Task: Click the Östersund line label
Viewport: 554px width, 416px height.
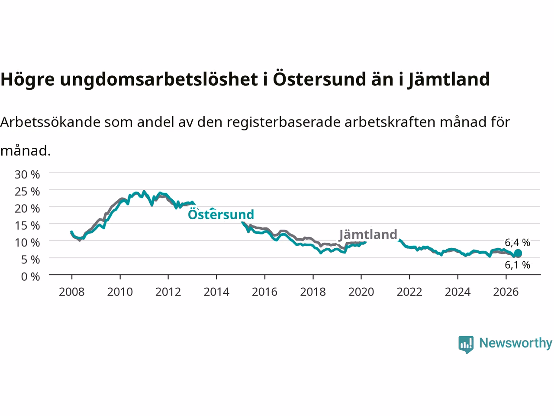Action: (x=221, y=214)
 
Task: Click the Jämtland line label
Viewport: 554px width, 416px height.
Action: (x=368, y=234)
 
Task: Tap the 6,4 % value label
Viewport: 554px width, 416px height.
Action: (x=517, y=243)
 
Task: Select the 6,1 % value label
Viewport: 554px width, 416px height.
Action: (x=517, y=265)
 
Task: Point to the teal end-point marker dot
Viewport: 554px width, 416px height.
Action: (x=518, y=253)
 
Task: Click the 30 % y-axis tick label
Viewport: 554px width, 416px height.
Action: (x=27, y=175)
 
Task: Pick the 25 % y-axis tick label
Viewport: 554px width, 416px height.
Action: (x=27, y=192)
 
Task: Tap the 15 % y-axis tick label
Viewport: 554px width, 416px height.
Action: (x=27, y=226)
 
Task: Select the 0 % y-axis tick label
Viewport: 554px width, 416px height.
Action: (x=31, y=277)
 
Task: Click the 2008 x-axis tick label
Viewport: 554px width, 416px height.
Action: (x=72, y=292)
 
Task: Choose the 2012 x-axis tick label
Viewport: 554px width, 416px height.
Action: (x=168, y=292)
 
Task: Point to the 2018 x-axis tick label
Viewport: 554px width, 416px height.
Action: (x=313, y=292)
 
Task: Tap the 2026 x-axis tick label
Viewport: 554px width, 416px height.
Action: (x=506, y=292)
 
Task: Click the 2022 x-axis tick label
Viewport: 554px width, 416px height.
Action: (x=409, y=292)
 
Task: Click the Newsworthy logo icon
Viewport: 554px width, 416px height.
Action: (x=466, y=344)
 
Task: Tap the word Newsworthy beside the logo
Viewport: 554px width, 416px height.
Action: (x=515, y=343)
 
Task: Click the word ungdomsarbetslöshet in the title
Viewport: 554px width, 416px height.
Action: (x=159, y=79)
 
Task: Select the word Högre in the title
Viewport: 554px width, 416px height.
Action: (x=28, y=79)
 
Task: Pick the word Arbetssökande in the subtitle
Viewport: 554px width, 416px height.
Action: (x=51, y=122)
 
